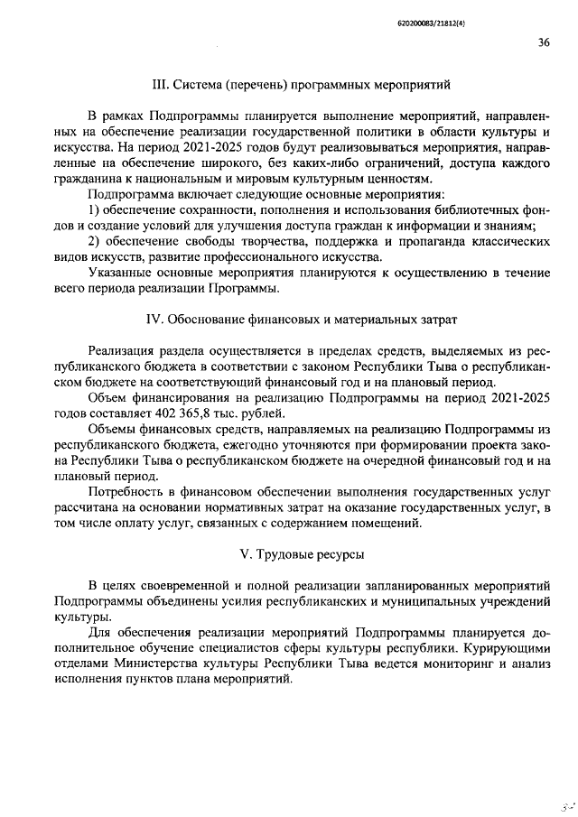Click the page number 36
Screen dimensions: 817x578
[x=543, y=41]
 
